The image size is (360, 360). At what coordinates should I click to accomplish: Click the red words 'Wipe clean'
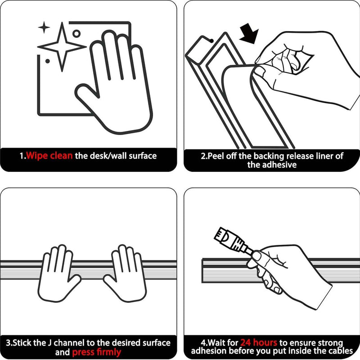[x=49, y=156]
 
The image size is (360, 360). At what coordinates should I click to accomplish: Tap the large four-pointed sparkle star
[x=62, y=47]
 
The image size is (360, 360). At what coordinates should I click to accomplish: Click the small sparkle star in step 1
[x=44, y=27]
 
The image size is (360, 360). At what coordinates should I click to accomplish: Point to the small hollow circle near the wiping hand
[x=76, y=34]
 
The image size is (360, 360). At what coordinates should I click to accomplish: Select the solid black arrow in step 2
[x=250, y=33]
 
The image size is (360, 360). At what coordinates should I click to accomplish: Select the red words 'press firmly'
[x=96, y=352]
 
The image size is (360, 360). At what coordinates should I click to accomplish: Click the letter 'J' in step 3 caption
[x=50, y=343]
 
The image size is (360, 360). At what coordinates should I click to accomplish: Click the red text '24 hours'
[x=259, y=342]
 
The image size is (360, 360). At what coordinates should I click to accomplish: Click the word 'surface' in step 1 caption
[x=143, y=156]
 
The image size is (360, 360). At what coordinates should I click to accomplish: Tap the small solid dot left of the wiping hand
[x=48, y=61]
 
